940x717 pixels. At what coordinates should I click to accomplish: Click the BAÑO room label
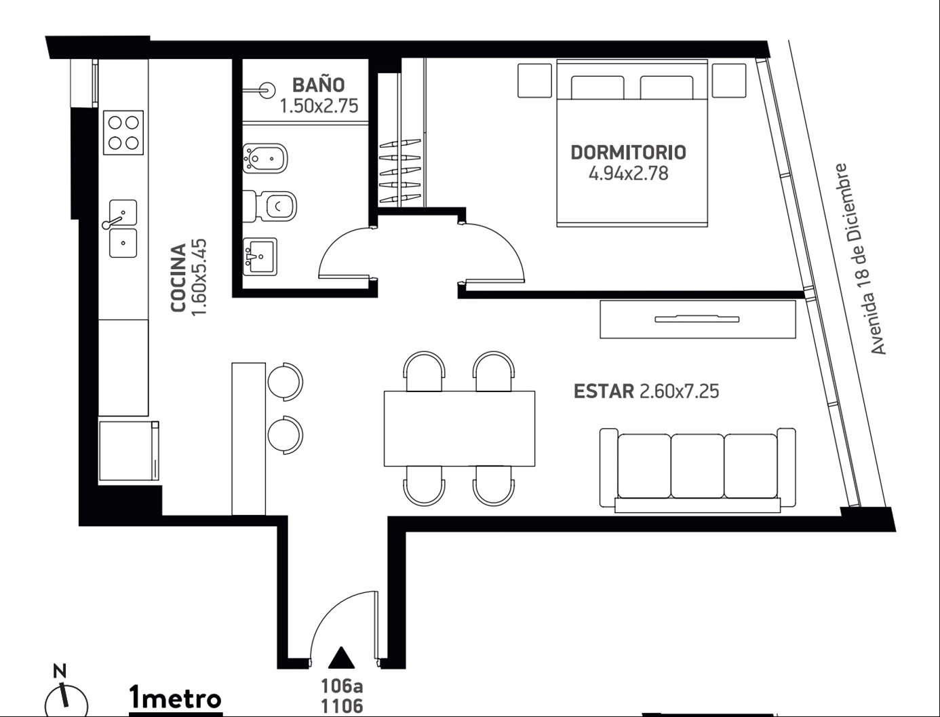tap(318, 85)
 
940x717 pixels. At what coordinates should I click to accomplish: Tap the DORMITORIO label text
tap(628, 153)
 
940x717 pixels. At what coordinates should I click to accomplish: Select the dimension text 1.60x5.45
tap(199, 277)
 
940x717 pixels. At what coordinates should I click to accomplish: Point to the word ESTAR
tap(604, 391)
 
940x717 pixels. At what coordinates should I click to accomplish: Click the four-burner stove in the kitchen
tap(123, 132)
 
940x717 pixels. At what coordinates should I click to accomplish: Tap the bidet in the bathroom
tap(265, 159)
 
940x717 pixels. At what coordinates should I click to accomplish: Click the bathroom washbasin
tap(260, 256)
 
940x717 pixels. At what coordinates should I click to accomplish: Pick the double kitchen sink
tap(123, 229)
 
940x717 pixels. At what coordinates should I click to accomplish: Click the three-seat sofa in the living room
tap(697, 470)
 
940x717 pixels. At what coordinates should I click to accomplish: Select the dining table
tap(459, 428)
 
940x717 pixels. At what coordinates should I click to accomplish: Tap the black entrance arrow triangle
tap(341, 657)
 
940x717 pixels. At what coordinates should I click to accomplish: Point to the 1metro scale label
tap(176, 699)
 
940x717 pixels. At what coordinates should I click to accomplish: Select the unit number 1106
tap(342, 706)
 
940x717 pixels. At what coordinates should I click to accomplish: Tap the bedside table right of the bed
tap(729, 81)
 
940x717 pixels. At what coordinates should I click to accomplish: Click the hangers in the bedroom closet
tap(400, 170)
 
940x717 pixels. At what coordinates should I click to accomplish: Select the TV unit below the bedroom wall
tap(698, 319)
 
